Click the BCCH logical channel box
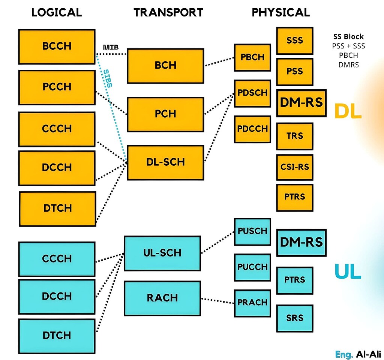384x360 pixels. tap(56, 46)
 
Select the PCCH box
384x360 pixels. tap(56, 87)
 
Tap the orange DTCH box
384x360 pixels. tap(57, 208)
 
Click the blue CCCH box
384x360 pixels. tap(56, 259)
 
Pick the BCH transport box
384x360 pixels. tap(165, 66)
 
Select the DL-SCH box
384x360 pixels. tap(165, 162)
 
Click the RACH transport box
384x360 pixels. tap(162, 298)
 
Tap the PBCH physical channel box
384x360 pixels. tap(252, 57)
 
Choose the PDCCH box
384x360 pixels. tap(252, 129)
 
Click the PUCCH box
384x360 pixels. tap(252, 267)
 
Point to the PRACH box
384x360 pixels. tap(252, 303)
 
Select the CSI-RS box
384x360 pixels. tap(294, 166)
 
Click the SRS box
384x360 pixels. tap(294, 318)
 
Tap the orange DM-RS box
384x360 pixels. tap(301, 103)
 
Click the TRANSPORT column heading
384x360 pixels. tap(168, 12)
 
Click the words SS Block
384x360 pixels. tap(348, 37)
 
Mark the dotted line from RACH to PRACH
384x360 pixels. tap(217, 300)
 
